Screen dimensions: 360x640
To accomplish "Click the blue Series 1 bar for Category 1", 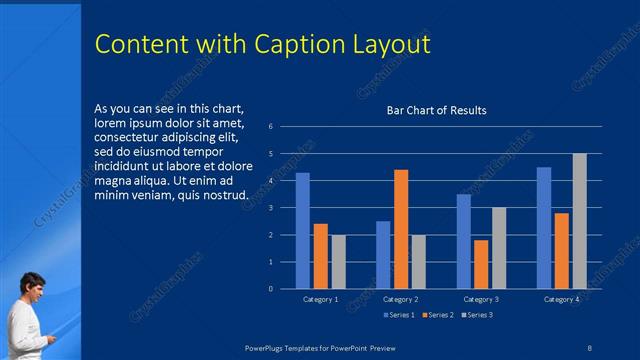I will pos(302,231).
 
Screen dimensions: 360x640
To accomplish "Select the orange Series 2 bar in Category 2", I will pos(401,229).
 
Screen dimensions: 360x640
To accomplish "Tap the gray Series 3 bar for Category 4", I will pos(580,221).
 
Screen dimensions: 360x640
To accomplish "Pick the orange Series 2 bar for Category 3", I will pos(481,264).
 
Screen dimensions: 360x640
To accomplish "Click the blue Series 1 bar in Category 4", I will pos(544,228).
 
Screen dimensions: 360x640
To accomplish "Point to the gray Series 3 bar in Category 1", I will pos(338,262).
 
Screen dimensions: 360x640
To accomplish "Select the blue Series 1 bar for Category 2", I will pos(383,255).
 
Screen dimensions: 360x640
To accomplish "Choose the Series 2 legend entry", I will pos(438,315).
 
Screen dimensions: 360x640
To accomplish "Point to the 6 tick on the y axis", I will pos(270,127).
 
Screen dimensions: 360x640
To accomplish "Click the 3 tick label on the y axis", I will pos(270,208).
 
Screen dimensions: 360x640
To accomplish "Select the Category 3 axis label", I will pos(480,299).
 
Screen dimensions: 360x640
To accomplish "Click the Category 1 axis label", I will pos(320,299).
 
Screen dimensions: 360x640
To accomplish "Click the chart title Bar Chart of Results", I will pos(437,110).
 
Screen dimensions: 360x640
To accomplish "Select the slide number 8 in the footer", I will pos(589,346).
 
